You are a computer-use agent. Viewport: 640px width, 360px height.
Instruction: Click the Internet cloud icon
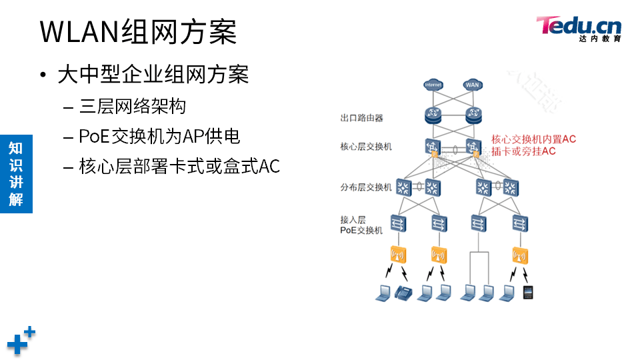coord(433,85)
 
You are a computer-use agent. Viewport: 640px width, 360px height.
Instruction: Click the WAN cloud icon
coord(473,85)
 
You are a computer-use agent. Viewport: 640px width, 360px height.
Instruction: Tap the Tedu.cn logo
coord(579,29)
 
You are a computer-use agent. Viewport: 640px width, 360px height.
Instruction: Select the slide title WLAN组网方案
coord(138,31)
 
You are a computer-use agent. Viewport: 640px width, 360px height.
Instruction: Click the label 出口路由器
coord(362,118)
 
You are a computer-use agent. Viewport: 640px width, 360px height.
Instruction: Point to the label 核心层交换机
coord(366,146)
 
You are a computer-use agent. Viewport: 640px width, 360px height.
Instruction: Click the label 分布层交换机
coord(366,187)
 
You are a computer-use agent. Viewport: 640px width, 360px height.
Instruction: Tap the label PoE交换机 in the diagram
coord(362,230)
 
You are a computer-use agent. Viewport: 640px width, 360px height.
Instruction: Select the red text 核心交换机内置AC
coord(533,139)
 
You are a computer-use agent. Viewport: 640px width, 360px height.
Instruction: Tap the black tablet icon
coord(529,292)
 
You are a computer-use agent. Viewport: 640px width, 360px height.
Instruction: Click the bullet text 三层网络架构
coord(132,106)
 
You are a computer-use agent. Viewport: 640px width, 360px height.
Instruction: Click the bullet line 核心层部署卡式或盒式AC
coord(179,166)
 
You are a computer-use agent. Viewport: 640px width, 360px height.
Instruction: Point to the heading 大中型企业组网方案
coord(153,74)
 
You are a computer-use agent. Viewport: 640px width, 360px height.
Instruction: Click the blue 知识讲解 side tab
coord(16,173)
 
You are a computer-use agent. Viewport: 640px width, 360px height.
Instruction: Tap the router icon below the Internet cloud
coord(433,115)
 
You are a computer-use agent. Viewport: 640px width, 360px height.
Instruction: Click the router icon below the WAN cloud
coord(473,115)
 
